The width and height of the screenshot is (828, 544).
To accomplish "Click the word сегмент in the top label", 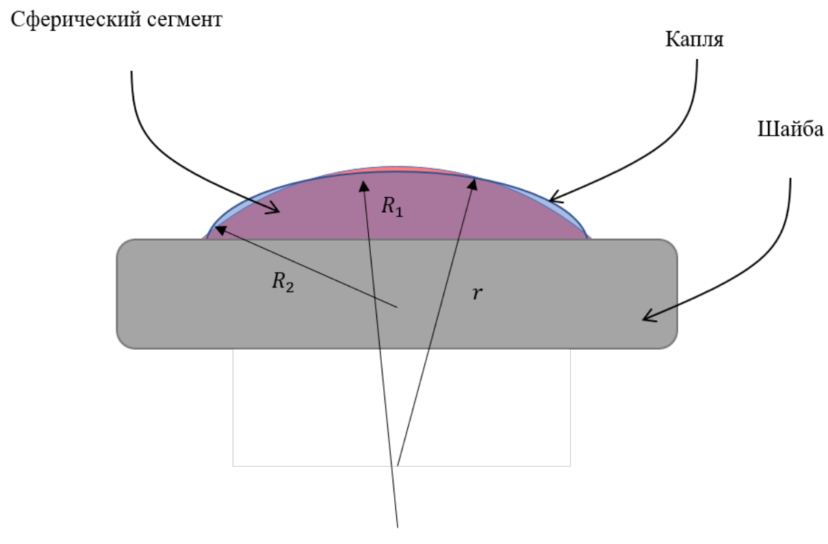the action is pyautogui.click(x=185, y=20).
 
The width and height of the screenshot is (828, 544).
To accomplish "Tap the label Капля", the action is pyautogui.click(x=694, y=40).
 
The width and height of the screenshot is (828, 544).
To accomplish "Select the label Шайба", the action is pyautogui.click(x=790, y=129).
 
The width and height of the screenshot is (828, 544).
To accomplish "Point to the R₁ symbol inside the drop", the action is pyautogui.click(x=392, y=206).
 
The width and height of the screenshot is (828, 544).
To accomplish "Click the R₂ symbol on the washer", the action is pyautogui.click(x=283, y=282).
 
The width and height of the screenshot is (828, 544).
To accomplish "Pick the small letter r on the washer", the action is pyautogui.click(x=477, y=294).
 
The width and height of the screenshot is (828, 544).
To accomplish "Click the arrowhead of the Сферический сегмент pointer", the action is pyautogui.click(x=274, y=209).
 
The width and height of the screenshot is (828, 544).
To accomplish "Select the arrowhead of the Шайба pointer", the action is pyautogui.click(x=649, y=317).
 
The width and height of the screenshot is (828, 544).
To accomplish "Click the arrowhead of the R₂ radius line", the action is pyautogui.click(x=220, y=230).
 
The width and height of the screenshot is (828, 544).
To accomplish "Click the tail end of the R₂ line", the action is pyautogui.click(x=398, y=307).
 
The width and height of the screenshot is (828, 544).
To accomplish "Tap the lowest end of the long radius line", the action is pyautogui.click(x=398, y=528).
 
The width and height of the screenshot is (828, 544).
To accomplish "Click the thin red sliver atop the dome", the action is pyautogui.click(x=399, y=170).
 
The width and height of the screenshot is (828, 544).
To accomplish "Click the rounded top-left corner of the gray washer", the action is pyautogui.click(x=122, y=245).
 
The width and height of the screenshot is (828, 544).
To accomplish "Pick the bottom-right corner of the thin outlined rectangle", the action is pyautogui.click(x=570, y=466).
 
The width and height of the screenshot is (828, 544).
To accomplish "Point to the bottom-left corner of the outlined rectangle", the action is pyautogui.click(x=233, y=466).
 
